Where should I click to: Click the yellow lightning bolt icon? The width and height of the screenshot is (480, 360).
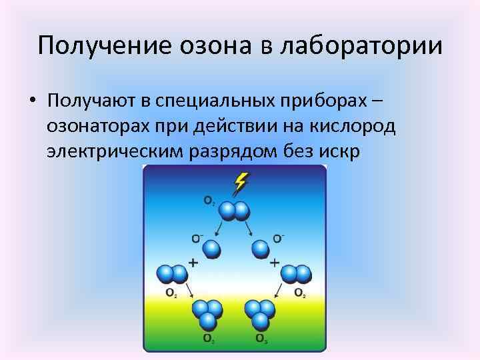click(242, 181)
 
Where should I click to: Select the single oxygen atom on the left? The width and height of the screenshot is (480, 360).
click(211, 249)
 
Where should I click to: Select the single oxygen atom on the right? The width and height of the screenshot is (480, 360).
click(261, 249)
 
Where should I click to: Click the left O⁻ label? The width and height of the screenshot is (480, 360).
click(197, 237)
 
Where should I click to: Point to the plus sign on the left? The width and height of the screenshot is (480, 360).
click(193, 263)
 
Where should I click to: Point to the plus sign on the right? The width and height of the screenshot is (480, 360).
click(275, 263)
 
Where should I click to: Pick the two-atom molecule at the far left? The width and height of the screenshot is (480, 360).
click(172, 274)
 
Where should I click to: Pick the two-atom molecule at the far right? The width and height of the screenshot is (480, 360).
click(296, 274)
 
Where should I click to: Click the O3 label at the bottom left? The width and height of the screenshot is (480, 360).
click(209, 339)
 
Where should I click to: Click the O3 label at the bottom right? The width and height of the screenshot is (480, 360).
click(261, 339)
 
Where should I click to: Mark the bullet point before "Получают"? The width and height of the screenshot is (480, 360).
click(31, 102)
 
